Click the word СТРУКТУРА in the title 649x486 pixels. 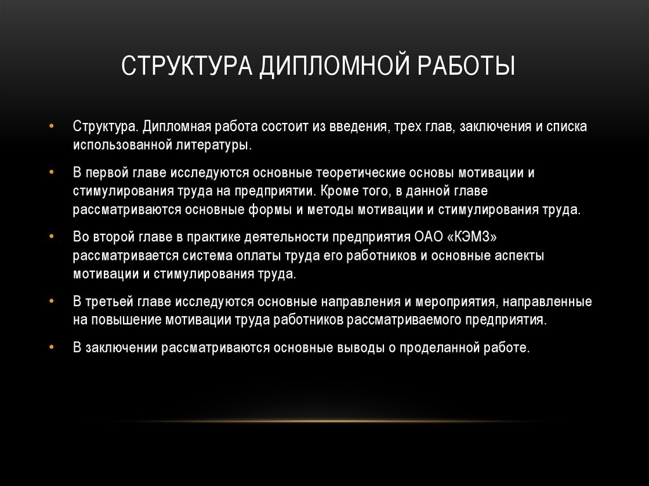[186, 65]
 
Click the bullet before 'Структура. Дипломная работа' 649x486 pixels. [51, 125]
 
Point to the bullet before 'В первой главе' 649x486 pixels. [51, 171]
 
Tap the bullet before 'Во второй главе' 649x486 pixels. [51, 236]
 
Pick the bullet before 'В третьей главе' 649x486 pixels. [51, 300]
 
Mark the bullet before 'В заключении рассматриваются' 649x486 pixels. [51, 347]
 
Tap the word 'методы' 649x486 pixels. [330, 210]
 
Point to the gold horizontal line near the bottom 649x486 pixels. [324, 421]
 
